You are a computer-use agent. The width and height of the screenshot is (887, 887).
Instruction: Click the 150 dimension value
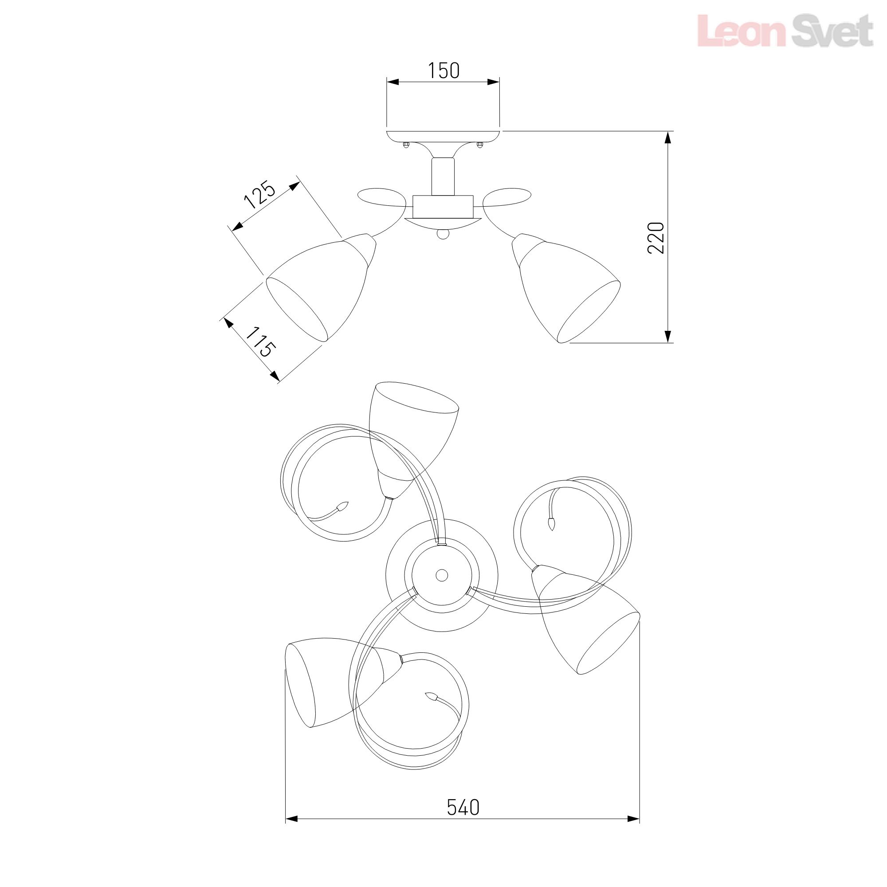[443, 70]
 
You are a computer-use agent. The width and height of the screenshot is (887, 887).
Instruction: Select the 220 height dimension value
[656, 237]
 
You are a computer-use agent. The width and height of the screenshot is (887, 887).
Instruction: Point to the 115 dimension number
[260, 342]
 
